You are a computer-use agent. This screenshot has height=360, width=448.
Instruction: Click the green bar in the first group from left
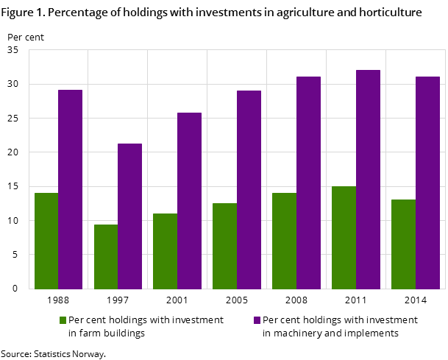[x=46, y=241]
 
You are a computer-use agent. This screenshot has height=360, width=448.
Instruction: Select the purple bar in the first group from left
[x=70, y=189]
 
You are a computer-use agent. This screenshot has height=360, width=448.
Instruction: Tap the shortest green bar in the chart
[x=105, y=256]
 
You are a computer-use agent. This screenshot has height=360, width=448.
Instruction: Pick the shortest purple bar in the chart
[x=129, y=216]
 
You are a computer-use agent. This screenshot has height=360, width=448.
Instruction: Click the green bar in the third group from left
[x=165, y=251]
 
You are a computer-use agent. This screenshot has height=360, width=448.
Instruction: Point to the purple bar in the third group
[x=189, y=200]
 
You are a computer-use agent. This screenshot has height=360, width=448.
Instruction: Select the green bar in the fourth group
[x=224, y=246]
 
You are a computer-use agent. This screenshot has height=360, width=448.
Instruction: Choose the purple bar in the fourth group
[x=249, y=189]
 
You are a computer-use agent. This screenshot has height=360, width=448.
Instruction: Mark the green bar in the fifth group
[x=284, y=241]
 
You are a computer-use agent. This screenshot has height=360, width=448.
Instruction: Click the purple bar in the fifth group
[x=308, y=183]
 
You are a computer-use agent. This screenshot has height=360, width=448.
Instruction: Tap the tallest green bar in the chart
[x=344, y=237]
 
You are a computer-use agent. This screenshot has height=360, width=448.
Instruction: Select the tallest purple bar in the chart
[x=368, y=179]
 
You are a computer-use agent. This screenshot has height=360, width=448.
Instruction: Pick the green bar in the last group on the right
[x=403, y=244]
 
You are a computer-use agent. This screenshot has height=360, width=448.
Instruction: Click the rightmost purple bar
[x=427, y=183]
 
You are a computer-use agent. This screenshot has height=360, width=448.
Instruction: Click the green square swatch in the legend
[x=63, y=320]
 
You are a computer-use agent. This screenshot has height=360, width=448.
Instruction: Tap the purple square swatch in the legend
[x=257, y=320]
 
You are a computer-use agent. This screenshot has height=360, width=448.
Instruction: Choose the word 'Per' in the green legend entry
[x=75, y=320]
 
